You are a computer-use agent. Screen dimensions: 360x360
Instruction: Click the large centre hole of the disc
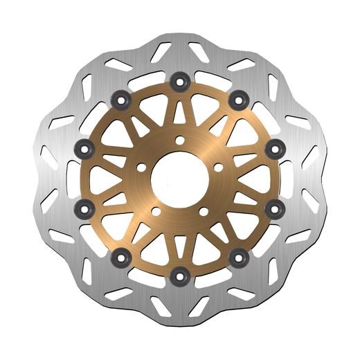(x=179, y=178)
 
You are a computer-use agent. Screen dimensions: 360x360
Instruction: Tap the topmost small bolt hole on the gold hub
(x=179, y=141)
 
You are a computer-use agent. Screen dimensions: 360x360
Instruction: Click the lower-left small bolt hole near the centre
(x=156, y=211)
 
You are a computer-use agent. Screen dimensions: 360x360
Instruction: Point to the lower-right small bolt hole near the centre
(x=203, y=211)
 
